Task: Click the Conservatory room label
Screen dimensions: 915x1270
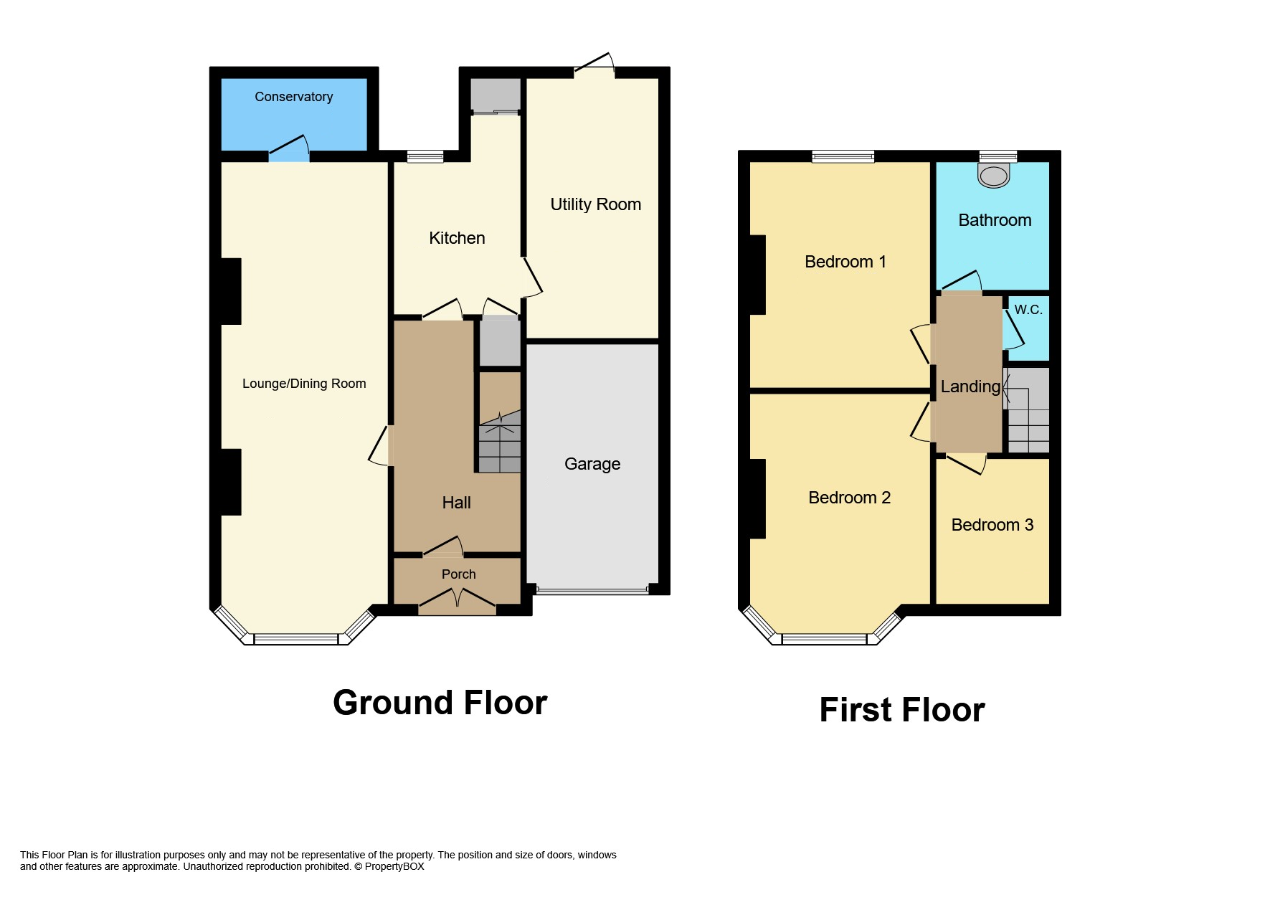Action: [x=293, y=97]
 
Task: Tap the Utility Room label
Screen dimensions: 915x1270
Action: [x=595, y=204]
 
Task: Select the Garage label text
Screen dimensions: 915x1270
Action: [x=592, y=464]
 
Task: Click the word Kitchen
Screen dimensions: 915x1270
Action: [x=457, y=238]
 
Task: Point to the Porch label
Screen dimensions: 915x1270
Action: [x=458, y=574]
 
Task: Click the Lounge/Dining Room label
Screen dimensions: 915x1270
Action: [x=304, y=384]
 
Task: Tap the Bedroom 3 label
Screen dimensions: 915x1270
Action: [x=992, y=525]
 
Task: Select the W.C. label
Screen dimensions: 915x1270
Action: [x=1028, y=310]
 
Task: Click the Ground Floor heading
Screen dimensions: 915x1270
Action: [x=440, y=703]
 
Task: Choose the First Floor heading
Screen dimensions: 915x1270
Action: [x=901, y=710]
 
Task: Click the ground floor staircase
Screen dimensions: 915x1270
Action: [x=500, y=441]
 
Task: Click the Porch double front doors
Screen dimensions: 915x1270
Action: [x=458, y=601]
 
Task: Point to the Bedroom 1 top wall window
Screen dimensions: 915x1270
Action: [x=843, y=156]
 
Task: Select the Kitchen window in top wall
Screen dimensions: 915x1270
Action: [x=425, y=156]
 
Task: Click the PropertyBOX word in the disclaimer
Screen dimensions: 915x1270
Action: [x=394, y=866]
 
